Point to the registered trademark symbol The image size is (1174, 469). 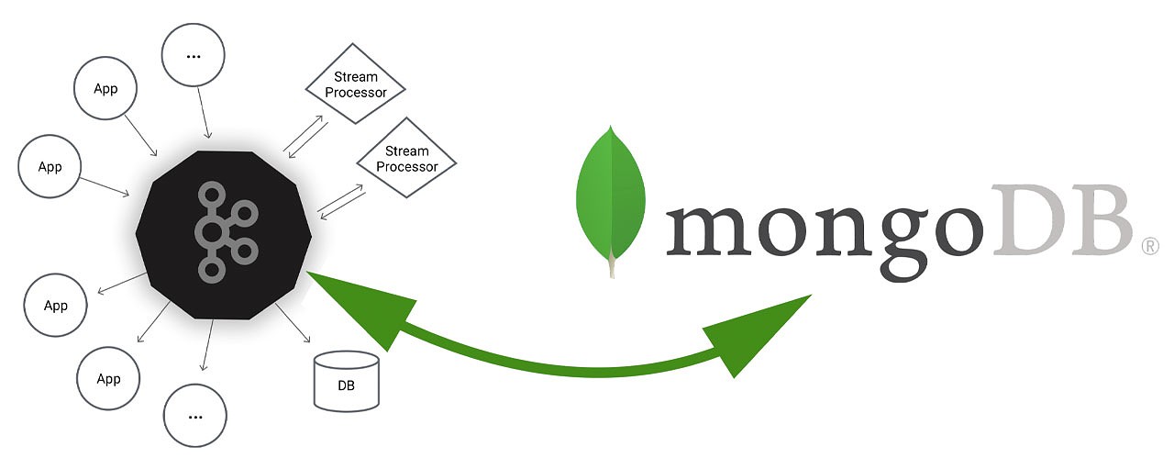pos(1149,245)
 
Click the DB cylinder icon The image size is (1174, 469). pos(346,380)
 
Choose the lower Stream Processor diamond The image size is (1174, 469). pos(406,159)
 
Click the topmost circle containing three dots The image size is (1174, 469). pos(193,56)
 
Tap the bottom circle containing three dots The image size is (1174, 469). pos(194,416)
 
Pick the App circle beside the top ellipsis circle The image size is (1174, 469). pos(105,89)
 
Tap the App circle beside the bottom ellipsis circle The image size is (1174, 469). pos(108,378)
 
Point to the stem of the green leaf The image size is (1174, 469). pos(611,266)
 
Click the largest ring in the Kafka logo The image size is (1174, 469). pos(212,231)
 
